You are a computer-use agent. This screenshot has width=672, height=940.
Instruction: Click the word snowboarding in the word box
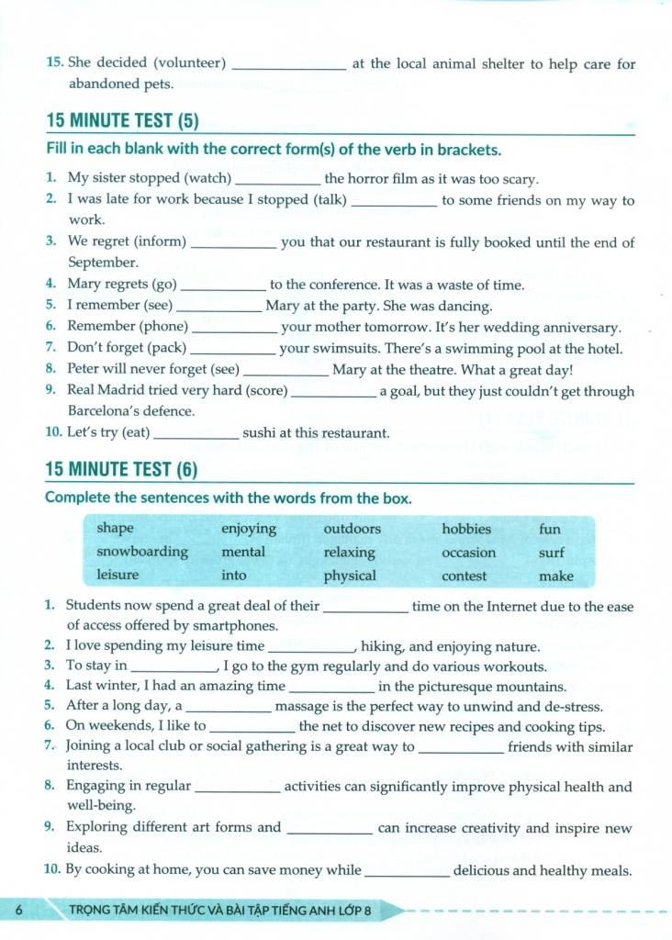[x=142, y=552]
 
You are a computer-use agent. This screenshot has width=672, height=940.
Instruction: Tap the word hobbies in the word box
[x=466, y=529]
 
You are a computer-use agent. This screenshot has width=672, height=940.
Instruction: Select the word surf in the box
[x=552, y=553]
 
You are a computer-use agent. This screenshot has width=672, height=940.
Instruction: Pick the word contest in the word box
[x=465, y=576]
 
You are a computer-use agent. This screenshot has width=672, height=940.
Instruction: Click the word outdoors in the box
[x=352, y=529]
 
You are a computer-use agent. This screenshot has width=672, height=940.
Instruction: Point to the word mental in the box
[x=243, y=552]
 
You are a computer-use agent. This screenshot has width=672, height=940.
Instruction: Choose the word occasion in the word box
[x=468, y=553]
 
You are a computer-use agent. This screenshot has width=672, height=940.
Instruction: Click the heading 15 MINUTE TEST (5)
[x=122, y=120]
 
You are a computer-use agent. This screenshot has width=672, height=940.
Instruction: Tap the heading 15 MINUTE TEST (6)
[x=122, y=470]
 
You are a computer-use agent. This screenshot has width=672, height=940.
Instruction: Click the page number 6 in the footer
[x=18, y=910]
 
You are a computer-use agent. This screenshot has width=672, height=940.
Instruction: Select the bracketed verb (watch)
[x=208, y=179]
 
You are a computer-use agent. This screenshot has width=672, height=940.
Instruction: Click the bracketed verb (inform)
[x=161, y=242]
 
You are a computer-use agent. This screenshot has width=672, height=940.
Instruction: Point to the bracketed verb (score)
[x=263, y=391]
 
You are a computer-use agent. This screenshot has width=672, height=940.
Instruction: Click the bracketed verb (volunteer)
[x=190, y=63]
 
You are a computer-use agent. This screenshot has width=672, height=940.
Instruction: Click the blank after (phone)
[x=234, y=328]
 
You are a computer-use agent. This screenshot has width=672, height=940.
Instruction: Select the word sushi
[x=263, y=433]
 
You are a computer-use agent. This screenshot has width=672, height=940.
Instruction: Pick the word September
[x=103, y=263]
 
